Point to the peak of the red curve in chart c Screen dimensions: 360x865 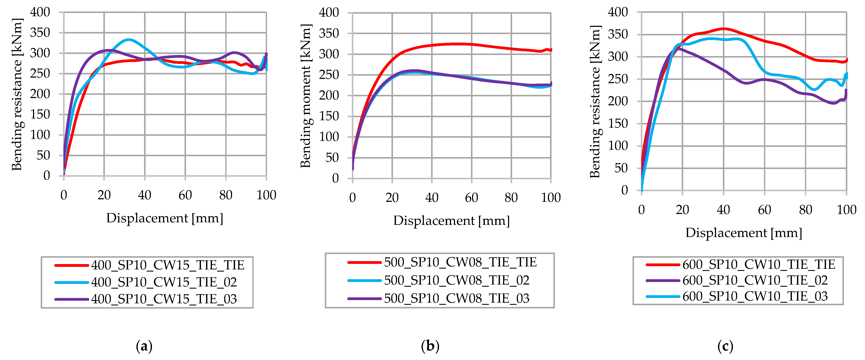724,29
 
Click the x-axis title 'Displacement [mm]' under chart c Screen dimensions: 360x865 744,233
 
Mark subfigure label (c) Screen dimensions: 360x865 725,346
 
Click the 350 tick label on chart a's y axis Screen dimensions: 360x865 40,33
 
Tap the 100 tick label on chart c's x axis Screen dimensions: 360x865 846,210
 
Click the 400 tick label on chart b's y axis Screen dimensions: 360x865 329,13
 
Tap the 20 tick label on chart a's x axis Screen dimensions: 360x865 104,195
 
